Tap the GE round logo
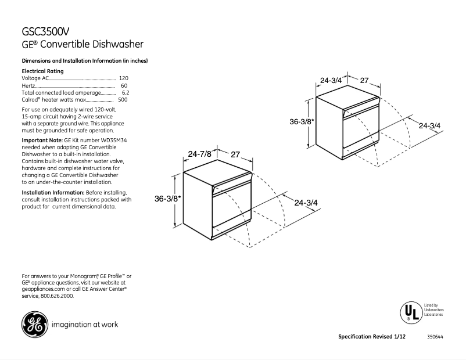click(x=34, y=325)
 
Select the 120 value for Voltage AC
click(x=123, y=78)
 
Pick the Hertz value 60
click(x=124, y=85)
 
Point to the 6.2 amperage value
click(x=125, y=92)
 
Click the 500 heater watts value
click(x=123, y=100)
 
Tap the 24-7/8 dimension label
click(x=199, y=154)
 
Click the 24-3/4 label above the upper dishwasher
click(x=331, y=81)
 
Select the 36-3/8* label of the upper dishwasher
click(x=302, y=122)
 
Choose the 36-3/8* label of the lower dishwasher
click(x=168, y=199)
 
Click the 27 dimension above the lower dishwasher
click(x=235, y=154)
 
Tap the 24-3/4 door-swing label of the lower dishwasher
click(x=306, y=203)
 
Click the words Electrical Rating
click(x=42, y=71)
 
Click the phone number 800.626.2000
click(x=56, y=296)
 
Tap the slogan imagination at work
click(x=85, y=325)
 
